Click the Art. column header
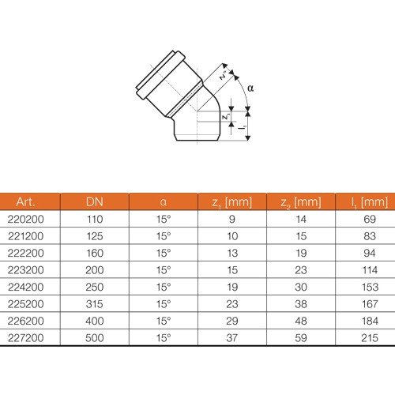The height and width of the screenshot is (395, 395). coord(25,202)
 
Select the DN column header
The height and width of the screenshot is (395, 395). coord(95,202)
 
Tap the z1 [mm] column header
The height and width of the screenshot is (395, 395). coord(232,202)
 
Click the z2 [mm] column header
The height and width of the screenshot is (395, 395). coord(301,202)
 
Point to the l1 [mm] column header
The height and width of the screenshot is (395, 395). coord(370,202)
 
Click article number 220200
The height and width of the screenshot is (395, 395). coord(25,220)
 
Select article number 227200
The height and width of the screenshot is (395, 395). coord(25,338)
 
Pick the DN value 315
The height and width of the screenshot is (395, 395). coord(95,304)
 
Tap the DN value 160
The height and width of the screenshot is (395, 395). coord(95,254)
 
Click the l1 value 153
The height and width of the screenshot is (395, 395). coord(370,288)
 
